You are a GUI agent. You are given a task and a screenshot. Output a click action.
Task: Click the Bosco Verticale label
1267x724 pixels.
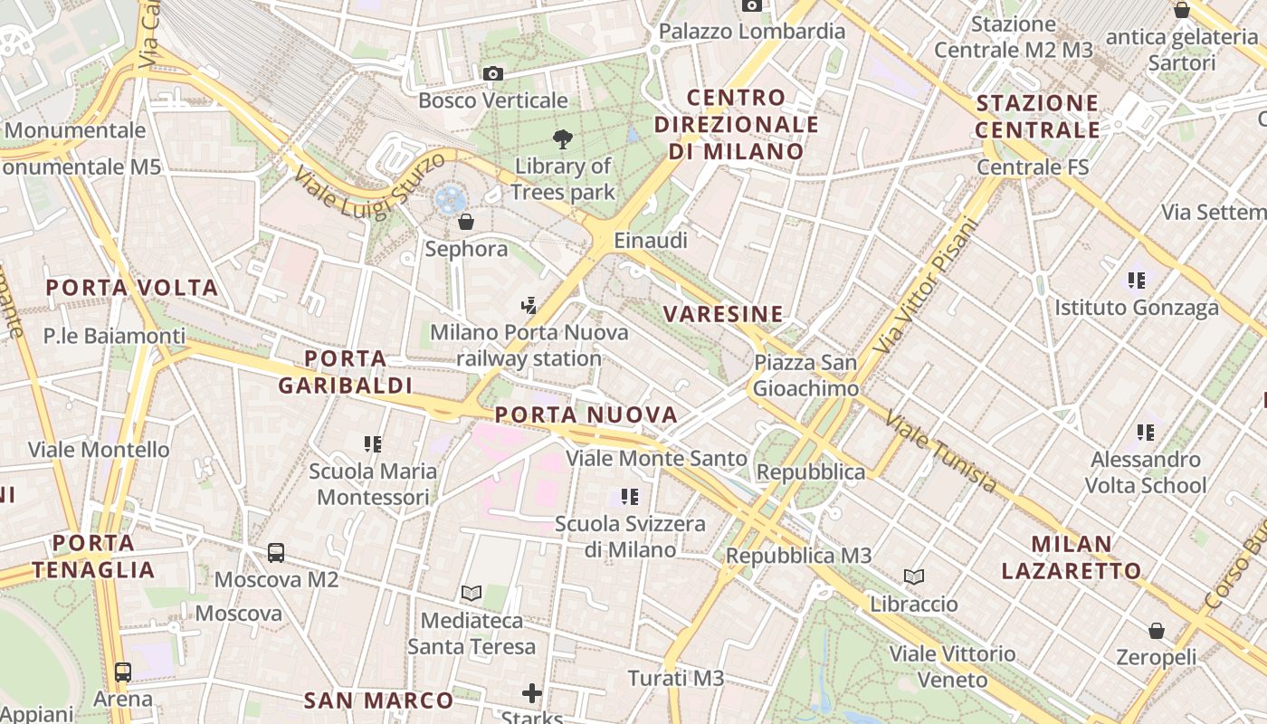(493, 100)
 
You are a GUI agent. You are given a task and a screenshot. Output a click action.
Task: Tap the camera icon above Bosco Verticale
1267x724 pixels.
(493, 74)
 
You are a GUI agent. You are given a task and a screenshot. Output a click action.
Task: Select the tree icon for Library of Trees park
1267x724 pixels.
(563, 138)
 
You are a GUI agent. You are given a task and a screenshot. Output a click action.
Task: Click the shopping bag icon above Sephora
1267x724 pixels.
(466, 221)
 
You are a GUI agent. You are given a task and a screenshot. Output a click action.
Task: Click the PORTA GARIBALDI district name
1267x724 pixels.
(345, 372)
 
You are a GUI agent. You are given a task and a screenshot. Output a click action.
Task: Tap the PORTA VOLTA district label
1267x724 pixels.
(132, 288)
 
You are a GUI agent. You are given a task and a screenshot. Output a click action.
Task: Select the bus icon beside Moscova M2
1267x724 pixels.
(276, 552)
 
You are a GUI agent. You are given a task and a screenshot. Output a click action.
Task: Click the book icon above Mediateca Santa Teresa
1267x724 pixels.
(471, 594)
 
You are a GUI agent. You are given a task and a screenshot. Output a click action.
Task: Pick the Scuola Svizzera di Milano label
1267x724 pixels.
(630, 537)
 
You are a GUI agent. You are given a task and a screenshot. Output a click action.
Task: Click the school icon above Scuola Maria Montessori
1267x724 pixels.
(373, 444)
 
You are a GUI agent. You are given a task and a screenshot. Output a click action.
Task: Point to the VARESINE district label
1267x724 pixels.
(723, 314)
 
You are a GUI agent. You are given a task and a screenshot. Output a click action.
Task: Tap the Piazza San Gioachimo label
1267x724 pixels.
(805, 376)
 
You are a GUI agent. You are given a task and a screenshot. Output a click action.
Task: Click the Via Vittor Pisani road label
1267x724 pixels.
(928, 288)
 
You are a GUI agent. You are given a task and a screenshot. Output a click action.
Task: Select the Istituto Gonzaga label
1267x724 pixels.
(1137, 308)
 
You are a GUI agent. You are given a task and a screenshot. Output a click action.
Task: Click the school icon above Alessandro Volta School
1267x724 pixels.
(1147, 433)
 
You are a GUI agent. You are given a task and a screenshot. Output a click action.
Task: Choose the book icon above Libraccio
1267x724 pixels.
(914, 576)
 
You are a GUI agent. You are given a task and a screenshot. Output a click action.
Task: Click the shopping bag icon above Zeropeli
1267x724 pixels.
(1156, 631)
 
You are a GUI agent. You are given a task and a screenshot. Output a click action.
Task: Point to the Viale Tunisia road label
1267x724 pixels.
(941, 452)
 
